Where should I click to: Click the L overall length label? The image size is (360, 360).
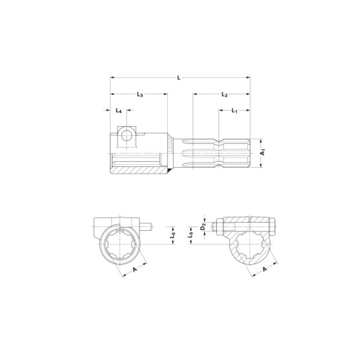pos(179,78)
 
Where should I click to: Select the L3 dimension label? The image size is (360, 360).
pos(140,94)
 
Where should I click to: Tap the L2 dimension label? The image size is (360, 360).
pos(224,94)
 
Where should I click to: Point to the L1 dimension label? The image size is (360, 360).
pos(235,111)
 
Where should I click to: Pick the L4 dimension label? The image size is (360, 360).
pos(119,111)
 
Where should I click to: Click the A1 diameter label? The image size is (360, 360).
pos(263,152)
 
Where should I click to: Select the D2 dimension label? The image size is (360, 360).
pos(203,226)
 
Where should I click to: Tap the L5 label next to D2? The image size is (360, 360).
pos(191,235)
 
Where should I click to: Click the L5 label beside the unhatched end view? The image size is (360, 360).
pos(173,235)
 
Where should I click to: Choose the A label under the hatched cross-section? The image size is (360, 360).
pos(265,269)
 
